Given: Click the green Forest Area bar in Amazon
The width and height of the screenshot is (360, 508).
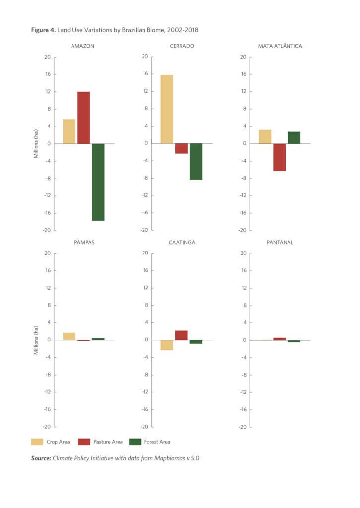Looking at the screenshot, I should pos(98,182).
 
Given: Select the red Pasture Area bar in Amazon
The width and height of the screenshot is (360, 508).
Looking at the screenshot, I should pos(84,118).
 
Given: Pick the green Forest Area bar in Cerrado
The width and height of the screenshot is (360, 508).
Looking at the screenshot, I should pos(196,161).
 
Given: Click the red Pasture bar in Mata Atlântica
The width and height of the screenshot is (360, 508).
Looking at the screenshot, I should pos(280,157).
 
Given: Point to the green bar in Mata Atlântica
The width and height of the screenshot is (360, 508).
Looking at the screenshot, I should pos(294,138).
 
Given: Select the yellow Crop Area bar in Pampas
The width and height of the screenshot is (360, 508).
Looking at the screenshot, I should pos(69,336).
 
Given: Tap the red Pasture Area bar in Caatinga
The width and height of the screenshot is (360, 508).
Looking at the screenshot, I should pos(181,335).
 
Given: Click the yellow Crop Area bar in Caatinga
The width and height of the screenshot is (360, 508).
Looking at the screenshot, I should pos(166,345).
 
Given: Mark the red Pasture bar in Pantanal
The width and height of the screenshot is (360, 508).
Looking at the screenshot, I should pos(280,339).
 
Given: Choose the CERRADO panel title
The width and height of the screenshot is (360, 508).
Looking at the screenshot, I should pos(181,46).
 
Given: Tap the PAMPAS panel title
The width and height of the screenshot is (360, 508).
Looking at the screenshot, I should pos(83,243).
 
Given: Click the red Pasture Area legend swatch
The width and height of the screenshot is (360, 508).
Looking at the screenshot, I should pos(84,442).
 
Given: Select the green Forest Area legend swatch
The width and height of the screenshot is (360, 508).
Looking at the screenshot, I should pos(135,442).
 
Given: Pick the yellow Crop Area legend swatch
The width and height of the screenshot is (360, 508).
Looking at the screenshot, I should pos(37,442).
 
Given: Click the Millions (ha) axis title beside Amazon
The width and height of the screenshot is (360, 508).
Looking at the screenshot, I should pos(36,143).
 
